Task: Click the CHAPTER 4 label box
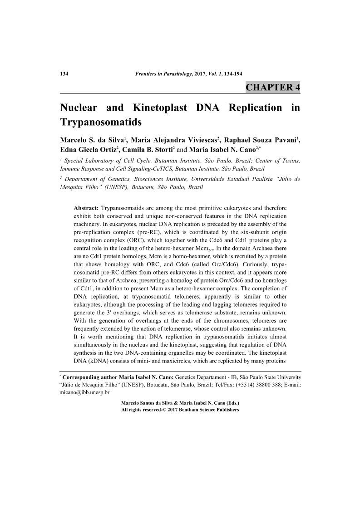tap(272, 87)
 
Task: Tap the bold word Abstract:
tap(86, 208)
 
